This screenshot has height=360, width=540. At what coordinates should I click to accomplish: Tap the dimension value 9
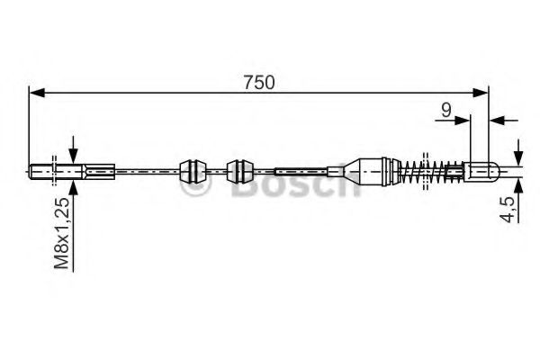click(x=445, y=111)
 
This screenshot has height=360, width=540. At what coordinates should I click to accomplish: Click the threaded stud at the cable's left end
click(x=44, y=170)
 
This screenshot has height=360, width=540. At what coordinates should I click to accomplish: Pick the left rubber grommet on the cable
click(x=193, y=170)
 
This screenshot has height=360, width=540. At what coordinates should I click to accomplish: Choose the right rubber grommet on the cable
click(x=239, y=170)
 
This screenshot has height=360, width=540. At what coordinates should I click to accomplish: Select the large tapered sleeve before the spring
click(x=371, y=169)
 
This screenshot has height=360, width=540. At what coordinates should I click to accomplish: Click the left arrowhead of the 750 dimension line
click(x=36, y=92)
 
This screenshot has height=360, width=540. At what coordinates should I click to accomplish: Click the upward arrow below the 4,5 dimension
click(x=517, y=186)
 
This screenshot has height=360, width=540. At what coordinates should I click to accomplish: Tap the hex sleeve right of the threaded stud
click(x=99, y=170)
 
